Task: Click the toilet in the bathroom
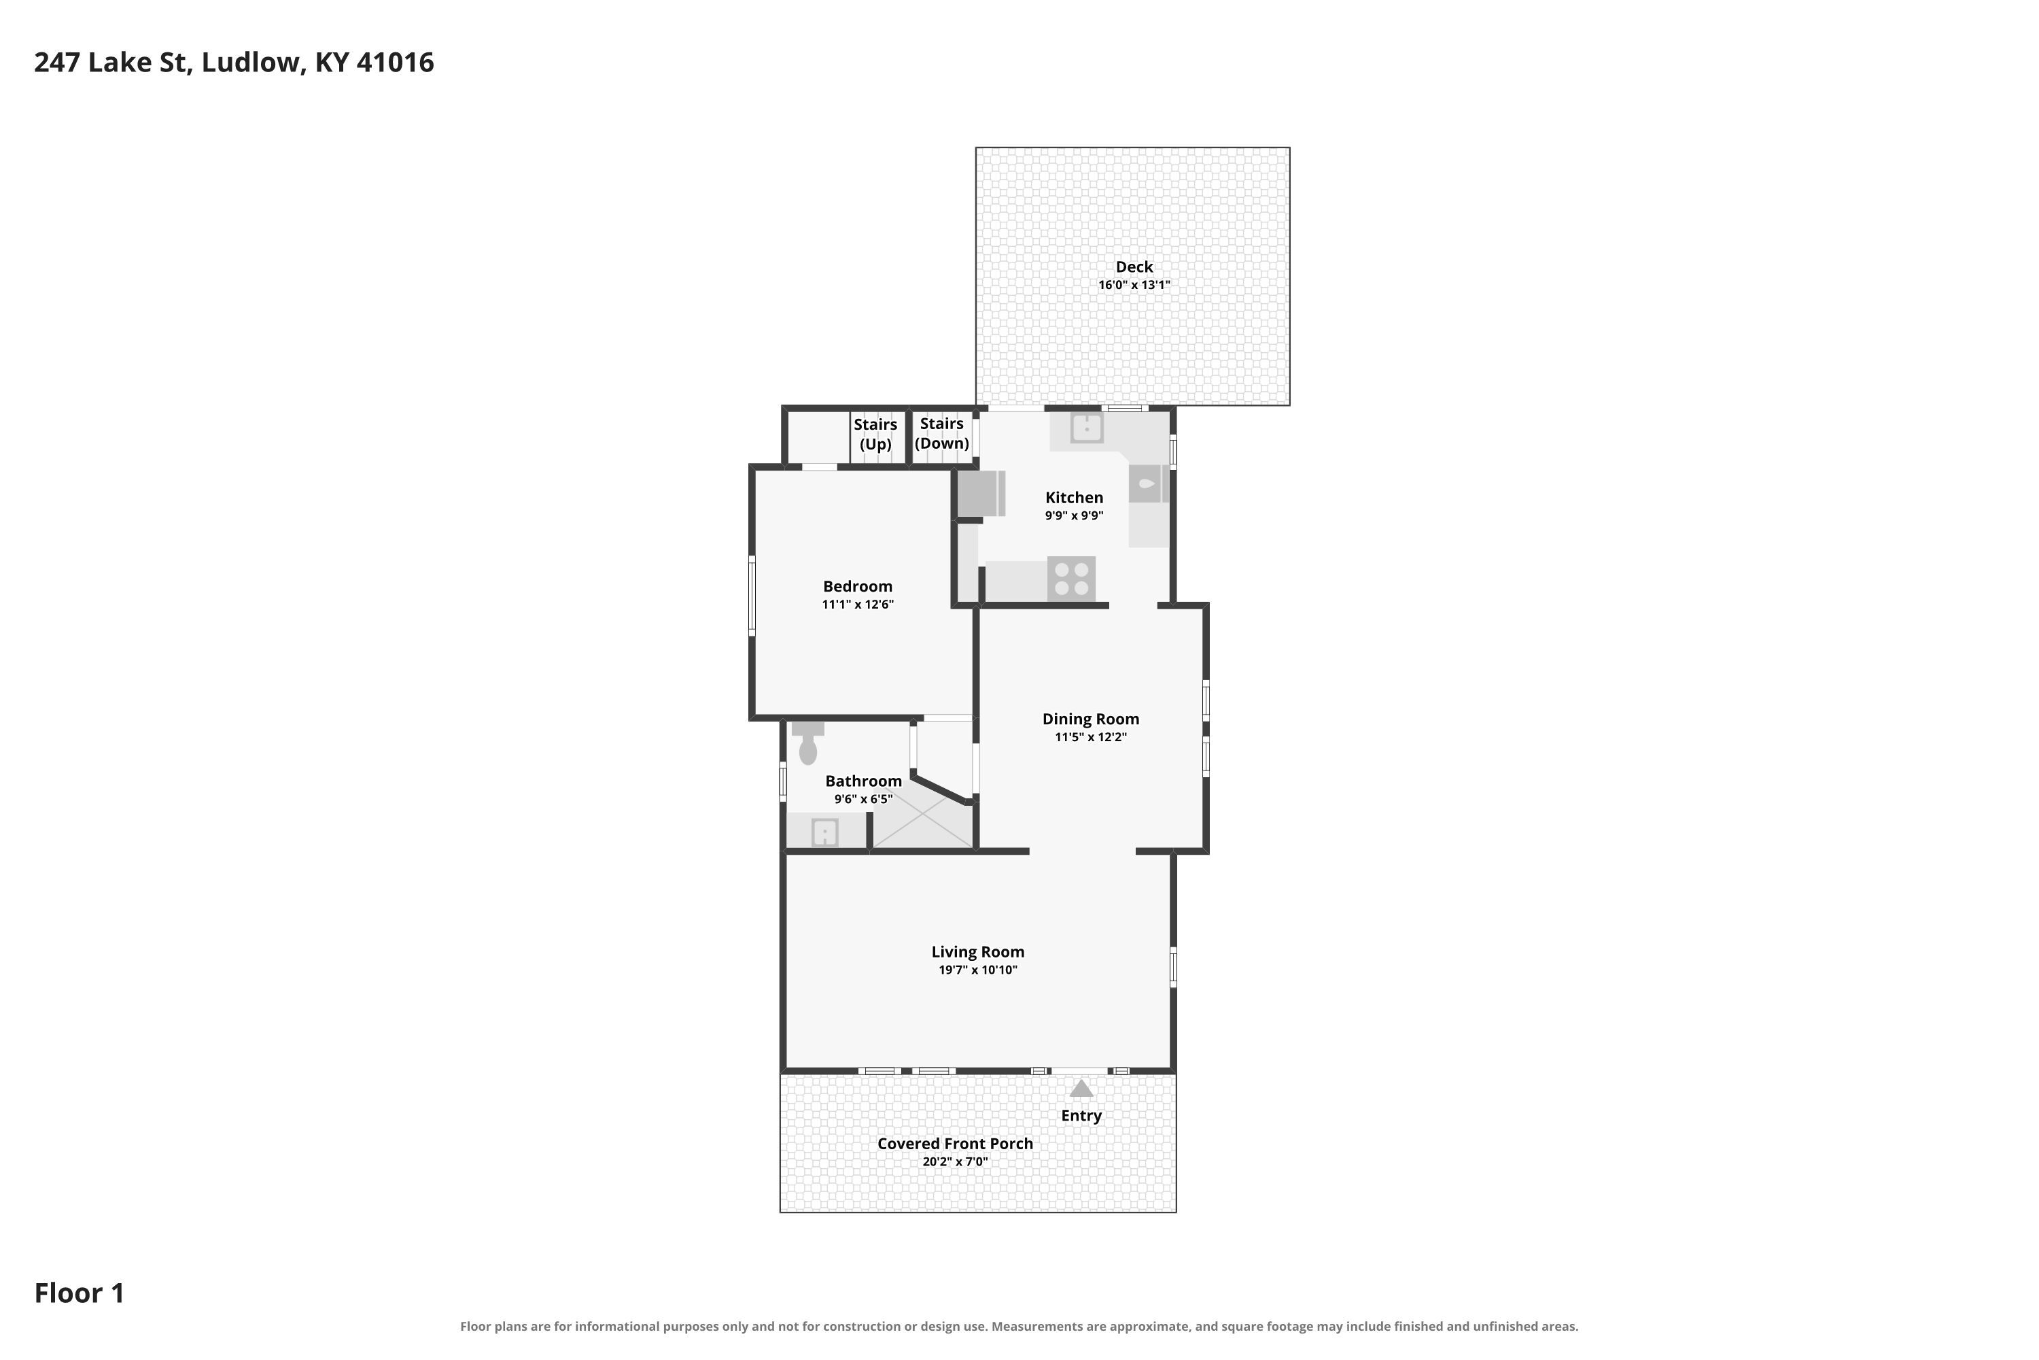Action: coord(807,743)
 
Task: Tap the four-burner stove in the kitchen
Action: coord(1072,579)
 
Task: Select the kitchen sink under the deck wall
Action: coord(1086,428)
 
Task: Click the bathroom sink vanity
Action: coord(824,832)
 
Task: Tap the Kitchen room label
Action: coord(1074,497)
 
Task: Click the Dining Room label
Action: coord(1091,719)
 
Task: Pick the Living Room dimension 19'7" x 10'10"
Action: coord(978,970)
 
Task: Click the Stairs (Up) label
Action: coord(875,435)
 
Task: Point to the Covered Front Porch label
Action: coord(956,1143)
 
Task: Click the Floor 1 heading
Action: coord(79,1293)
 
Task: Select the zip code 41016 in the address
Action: coord(396,63)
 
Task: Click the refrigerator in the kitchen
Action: coord(981,494)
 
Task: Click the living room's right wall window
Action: coord(1173,967)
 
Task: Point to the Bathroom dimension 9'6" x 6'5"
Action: coord(863,799)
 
